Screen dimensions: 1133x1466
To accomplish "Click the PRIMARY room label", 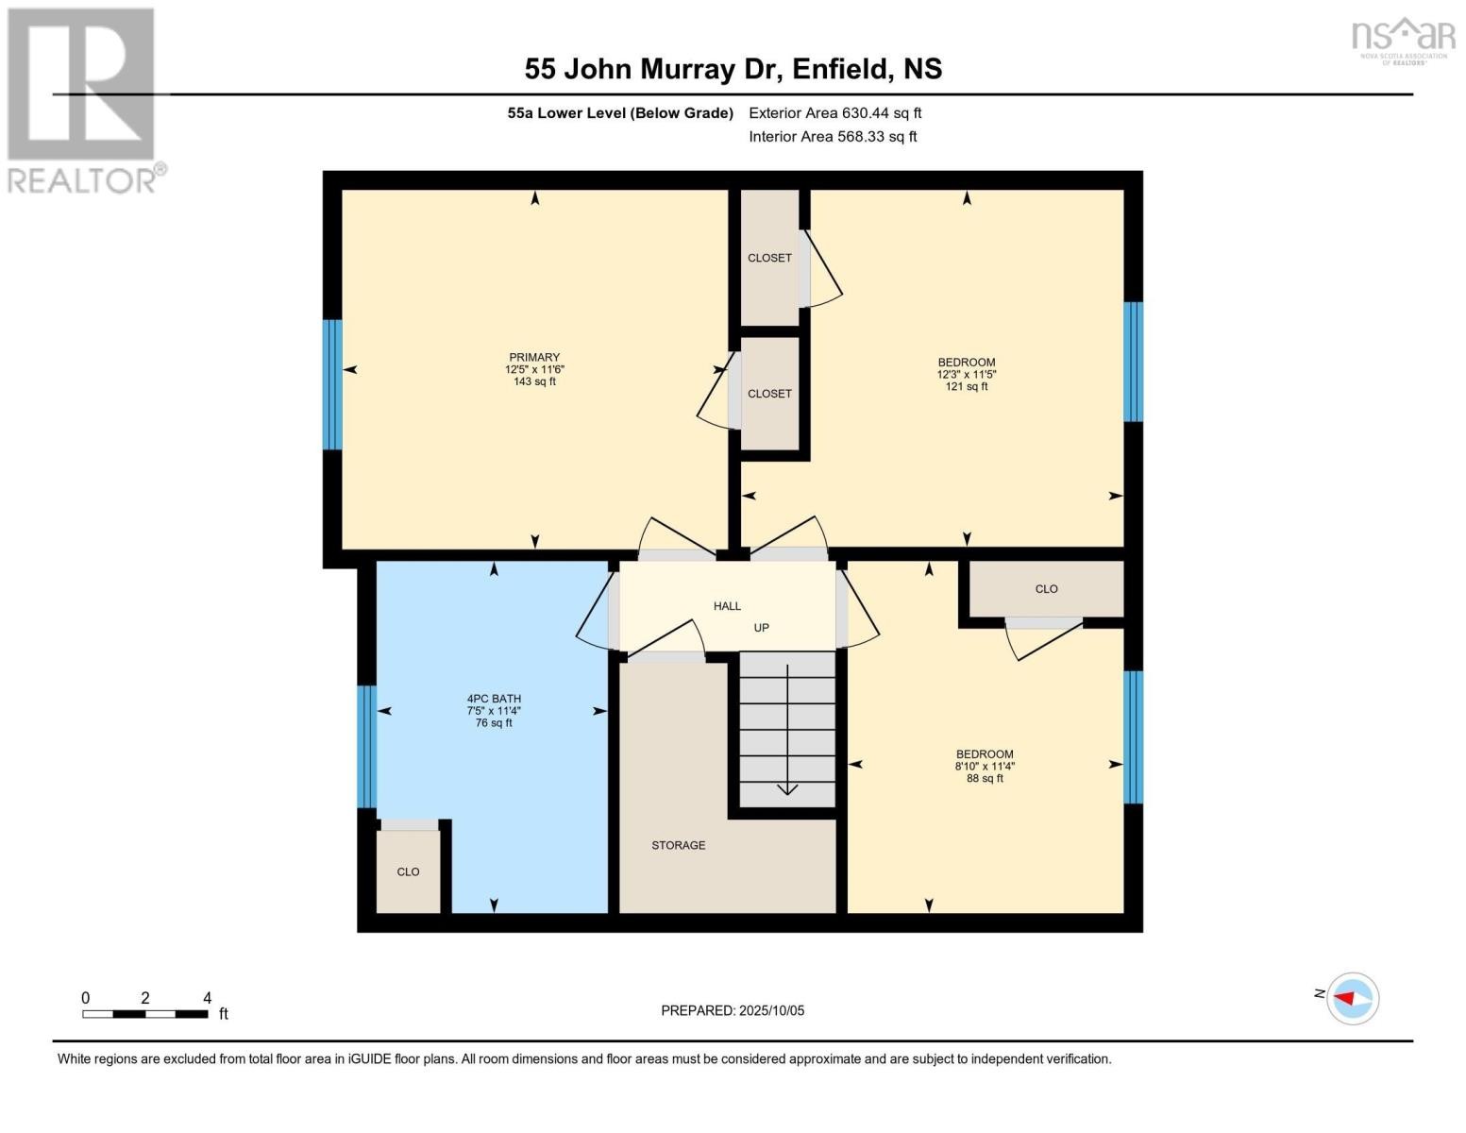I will coord(534,358).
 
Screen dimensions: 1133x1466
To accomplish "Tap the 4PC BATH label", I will coord(494,700).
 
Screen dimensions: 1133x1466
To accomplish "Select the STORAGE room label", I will coord(678,845).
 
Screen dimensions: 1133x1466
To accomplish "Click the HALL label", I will coord(727,606).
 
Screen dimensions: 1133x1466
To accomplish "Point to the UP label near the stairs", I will coord(761,628).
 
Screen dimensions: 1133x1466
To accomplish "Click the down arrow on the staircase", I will coord(787,788).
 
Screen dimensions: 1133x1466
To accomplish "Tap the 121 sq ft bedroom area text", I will coord(967,386).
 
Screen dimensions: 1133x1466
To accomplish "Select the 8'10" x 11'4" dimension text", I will coord(985,767).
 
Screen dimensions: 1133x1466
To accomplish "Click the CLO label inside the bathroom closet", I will coord(408,871).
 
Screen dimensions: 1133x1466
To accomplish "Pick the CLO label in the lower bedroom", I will coord(1046,589).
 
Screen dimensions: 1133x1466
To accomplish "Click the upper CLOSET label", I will coord(769,258).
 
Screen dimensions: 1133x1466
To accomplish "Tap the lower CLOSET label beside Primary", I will coord(769,394).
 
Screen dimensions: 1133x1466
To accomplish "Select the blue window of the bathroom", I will coord(367,746).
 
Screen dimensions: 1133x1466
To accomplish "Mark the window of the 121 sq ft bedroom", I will coord(1133,362).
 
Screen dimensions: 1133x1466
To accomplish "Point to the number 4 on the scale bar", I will coord(207,998).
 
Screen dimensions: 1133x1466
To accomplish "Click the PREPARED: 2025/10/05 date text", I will coord(733,1010).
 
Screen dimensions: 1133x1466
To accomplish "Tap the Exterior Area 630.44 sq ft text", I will coord(834,113).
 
